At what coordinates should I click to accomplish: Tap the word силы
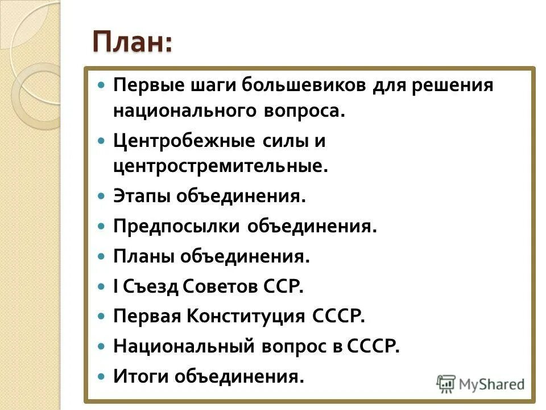coord(283,140)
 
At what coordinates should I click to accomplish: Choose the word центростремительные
coord(221,166)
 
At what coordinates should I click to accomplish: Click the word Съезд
coord(151,286)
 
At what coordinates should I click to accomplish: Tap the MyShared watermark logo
coord(481,384)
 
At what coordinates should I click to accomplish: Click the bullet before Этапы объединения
coord(102,196)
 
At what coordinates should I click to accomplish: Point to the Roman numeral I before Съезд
coord(116,286)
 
